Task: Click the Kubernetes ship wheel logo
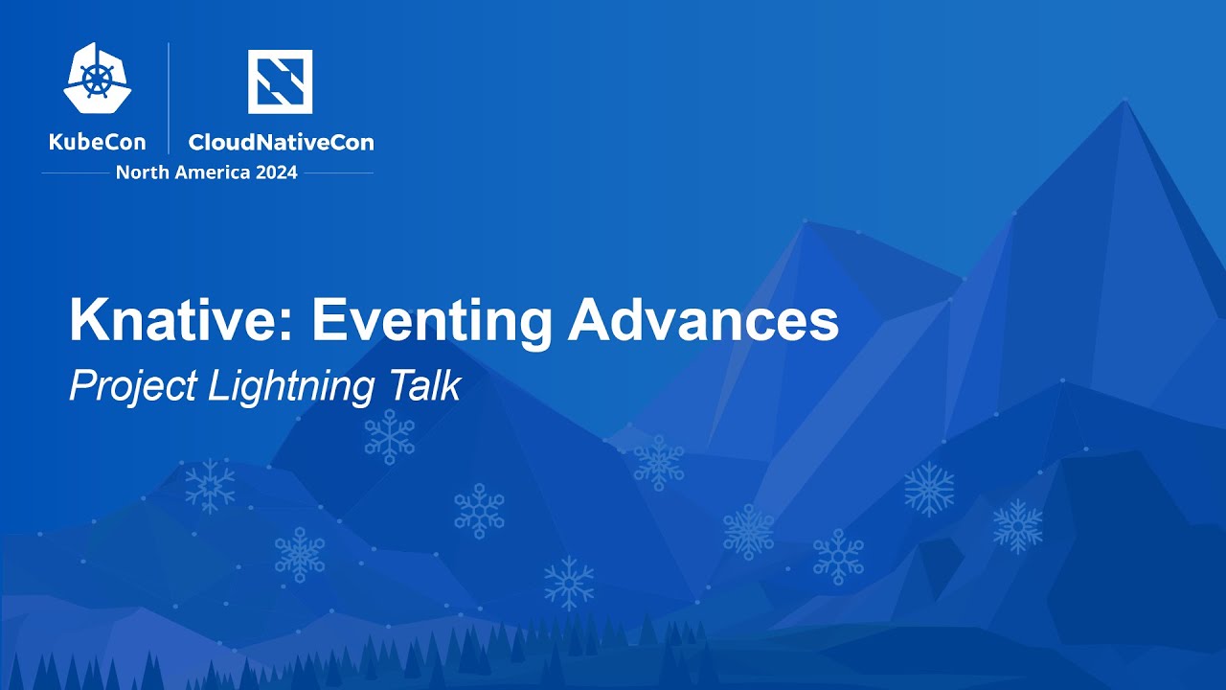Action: (x=98, y=79)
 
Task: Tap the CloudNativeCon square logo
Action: (x=280, y=81)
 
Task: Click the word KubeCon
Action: (x=98, y=143)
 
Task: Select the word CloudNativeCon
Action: (x=281, y=143)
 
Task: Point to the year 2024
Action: (x=275, y=173)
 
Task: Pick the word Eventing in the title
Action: (x=431, y=321)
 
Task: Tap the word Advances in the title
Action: (x=703, y=321)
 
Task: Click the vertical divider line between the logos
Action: (x=170, y=98)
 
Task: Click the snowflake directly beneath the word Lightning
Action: (x=389, y=437)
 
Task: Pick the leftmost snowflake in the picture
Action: (x=210, y=485)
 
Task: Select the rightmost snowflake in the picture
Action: (x=1017, y=526)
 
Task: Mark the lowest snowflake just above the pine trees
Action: (x=569, y=583)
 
